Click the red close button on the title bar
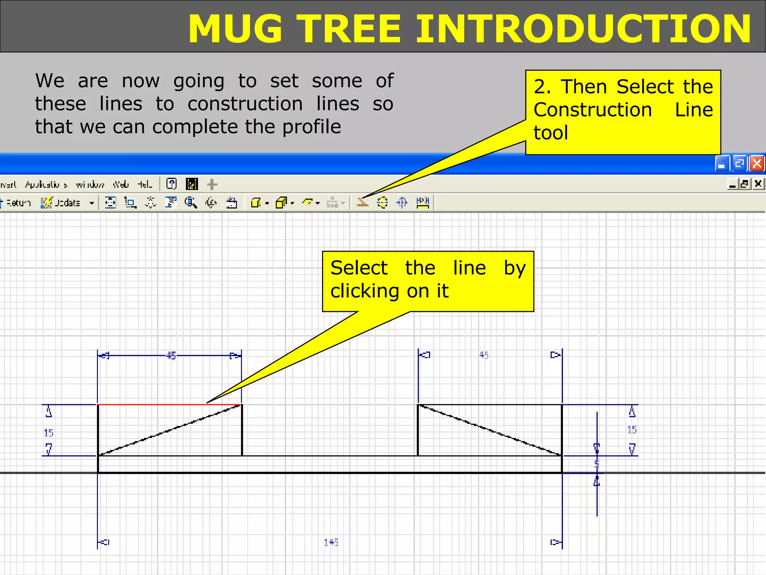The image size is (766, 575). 757,164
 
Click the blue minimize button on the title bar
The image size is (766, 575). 722,164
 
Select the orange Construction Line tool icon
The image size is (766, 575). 362,203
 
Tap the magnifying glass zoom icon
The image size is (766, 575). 191,203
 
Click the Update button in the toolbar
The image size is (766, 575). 62,203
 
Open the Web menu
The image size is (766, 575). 121,184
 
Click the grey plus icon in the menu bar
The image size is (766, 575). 212,184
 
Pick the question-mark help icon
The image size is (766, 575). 171,184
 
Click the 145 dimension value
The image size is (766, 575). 331,542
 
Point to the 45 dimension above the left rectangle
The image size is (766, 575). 171,355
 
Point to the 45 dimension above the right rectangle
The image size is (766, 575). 484,355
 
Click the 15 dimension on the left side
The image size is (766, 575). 49,433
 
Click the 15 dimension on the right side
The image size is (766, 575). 632,430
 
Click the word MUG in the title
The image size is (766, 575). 235,29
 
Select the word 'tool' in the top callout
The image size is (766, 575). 551,133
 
